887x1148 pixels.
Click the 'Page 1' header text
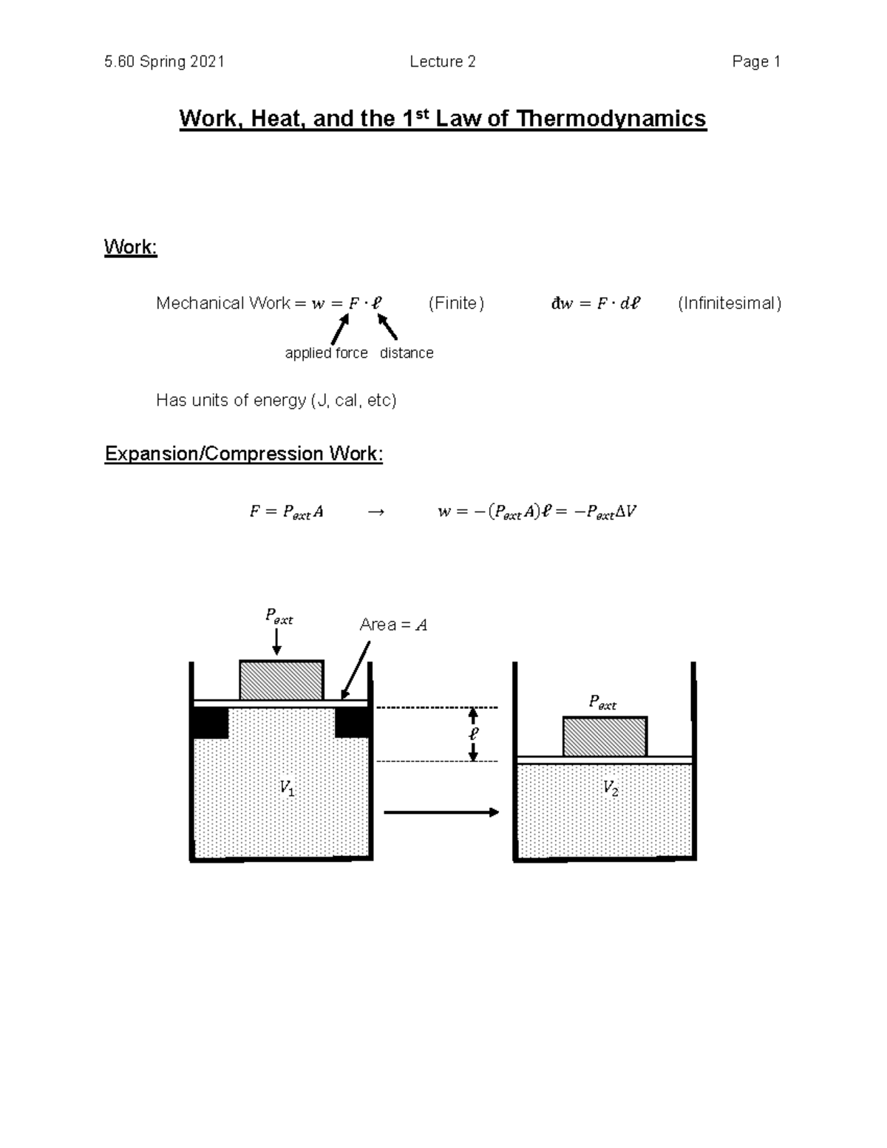pyautogui.click(x=756, y=62)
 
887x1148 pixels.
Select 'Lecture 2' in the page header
pyautogui.click(x=443, y=62)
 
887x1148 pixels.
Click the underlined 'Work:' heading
pyautogui.click(x=131, y=247)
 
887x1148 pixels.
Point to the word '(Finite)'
pyautogui.click(x=456, y=303)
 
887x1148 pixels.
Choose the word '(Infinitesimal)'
pyautogui.click(x=730, y=303)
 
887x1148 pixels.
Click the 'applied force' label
pyautogui.click(x=326, y=353)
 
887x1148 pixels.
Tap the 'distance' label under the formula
pyautogui.click(x=407, y=353)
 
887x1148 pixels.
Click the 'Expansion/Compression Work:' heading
pyautogui.click(x=244, y=453)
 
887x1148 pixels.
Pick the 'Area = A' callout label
pyautogui.click(x=393, y=625)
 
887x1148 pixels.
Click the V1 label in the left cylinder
pyautogui.click(x=287, y=789)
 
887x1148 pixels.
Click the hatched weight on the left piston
pyautogui.click(x=281, y=680)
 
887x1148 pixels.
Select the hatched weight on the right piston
pyautogui.click(x=605, y=736)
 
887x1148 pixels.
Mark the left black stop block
pyautogui.click(x=210, y=722)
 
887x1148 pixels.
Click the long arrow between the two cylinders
pyautogui.click(x=441, y=812)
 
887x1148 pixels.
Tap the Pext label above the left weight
pyautogui.click(x=279, y=617)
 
